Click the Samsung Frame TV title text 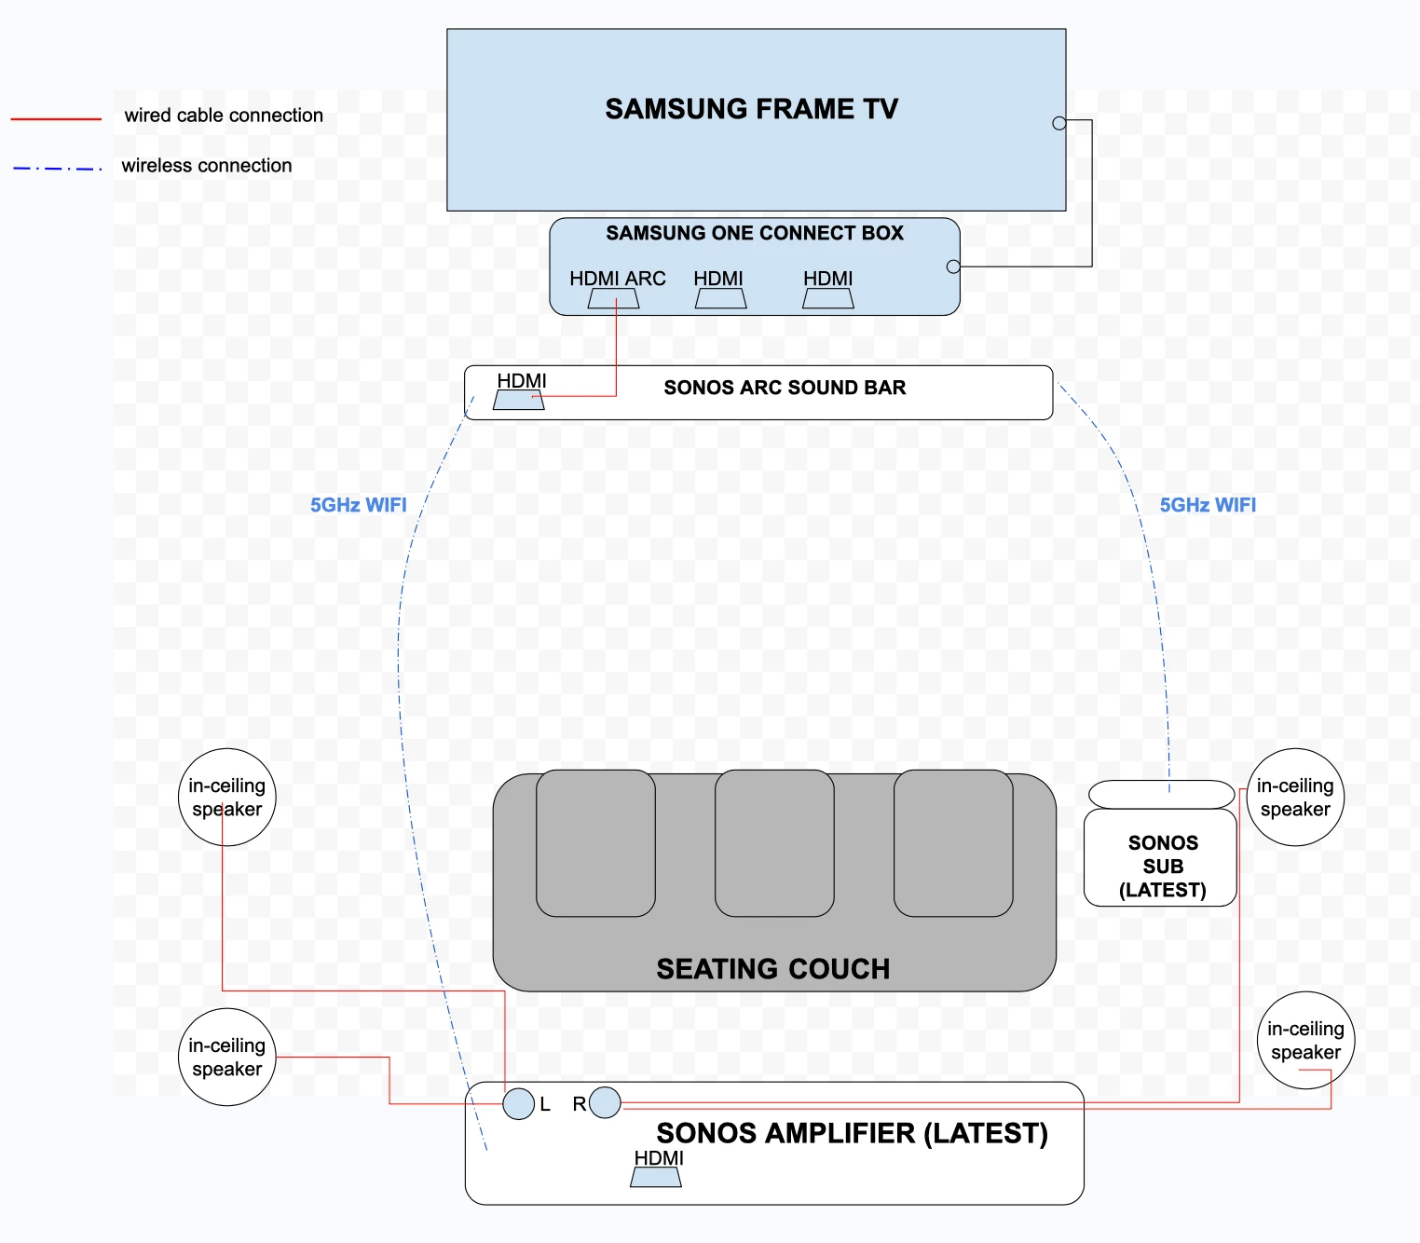tap(751, 109)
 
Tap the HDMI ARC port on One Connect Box tap(613, 298)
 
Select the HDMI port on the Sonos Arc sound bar tap(519, 400)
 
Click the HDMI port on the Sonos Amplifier tap(656, 1177)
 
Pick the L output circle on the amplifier tap(518, 1103)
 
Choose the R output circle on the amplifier tap(605, 1103)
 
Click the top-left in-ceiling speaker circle tap(226, 798)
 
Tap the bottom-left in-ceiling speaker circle tap(226, 1057)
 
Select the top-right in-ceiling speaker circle tap(1295, 798)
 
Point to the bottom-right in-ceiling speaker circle tap(1305, 1040)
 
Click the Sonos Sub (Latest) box tap(1161, 857)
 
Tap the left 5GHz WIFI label tap(358, 505)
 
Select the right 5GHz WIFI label tap(1208, 505)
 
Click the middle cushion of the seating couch tap(774, 842)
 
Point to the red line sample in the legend tap(56, 119)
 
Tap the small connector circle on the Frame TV tap(1058, 123)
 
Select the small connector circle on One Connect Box tap(952, 266)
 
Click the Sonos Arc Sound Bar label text tap(785, 388)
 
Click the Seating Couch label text tap(772, 969)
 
